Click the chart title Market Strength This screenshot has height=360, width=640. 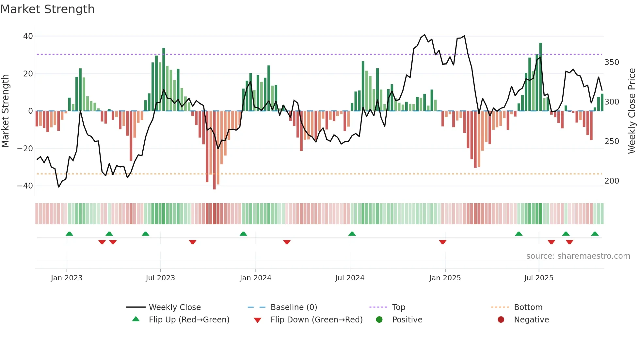47,9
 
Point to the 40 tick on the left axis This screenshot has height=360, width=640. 28,36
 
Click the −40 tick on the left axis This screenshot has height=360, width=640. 25,186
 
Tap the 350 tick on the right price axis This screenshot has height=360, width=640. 612,62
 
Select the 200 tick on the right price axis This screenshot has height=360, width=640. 612,181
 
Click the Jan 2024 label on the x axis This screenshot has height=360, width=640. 255,278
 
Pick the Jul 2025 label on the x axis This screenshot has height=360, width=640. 538,278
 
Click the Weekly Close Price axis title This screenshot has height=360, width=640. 632,111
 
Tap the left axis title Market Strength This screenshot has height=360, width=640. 6,111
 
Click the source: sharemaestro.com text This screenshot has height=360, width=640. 578,256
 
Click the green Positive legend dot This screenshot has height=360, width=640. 379,320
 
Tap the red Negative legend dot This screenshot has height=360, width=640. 501,320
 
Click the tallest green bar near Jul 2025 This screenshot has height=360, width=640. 540,77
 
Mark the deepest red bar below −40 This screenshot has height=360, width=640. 214,150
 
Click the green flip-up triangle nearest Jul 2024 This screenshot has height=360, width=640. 352,234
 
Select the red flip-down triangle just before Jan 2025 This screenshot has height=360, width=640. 442,242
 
